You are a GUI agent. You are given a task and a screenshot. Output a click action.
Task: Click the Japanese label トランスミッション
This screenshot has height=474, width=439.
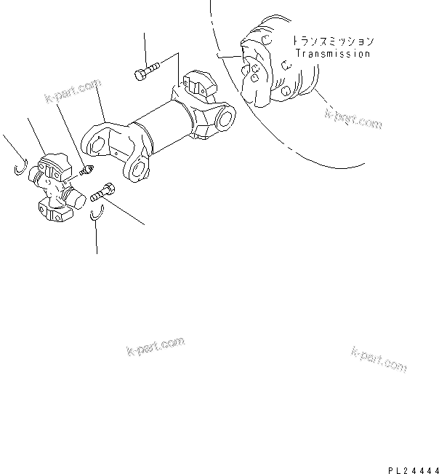pos(333,42)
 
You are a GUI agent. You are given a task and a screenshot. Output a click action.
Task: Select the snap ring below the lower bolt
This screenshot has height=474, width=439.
pos(98,213)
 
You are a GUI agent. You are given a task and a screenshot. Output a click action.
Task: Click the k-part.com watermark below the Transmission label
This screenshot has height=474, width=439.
pos(353,118)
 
